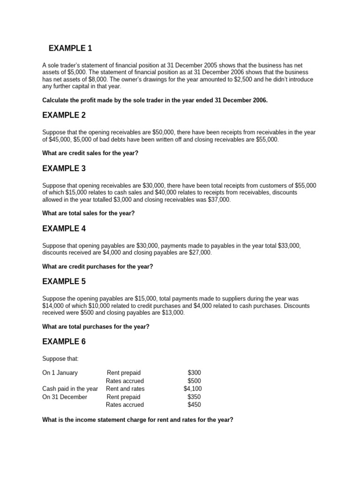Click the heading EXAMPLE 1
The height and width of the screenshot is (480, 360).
70,48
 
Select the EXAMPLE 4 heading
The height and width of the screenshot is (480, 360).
64,229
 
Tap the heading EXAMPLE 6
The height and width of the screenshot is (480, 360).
64,342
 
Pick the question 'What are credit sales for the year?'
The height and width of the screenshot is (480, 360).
90,153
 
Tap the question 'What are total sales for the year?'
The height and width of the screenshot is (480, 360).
88,213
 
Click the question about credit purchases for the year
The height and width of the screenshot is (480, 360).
97,266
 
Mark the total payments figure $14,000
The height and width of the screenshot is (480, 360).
52,306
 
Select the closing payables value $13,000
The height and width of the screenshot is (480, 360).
174,313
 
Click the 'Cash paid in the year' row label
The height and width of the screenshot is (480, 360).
70,389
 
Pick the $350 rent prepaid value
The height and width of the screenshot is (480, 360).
195,397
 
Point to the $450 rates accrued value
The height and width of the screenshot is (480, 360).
195,405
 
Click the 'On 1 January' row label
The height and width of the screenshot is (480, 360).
60,373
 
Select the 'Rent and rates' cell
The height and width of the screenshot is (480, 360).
125,389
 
